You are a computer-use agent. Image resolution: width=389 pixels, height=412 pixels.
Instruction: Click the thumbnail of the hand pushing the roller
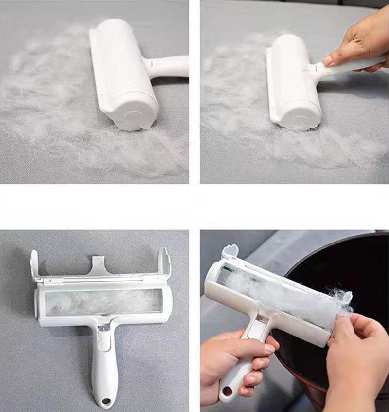[295, 92]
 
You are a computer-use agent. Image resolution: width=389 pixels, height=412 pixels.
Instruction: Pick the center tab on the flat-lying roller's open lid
[100, 266]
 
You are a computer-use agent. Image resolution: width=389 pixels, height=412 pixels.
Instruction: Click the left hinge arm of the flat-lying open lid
[36, 265]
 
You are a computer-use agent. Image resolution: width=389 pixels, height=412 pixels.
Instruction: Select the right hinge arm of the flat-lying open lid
[163, 263]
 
